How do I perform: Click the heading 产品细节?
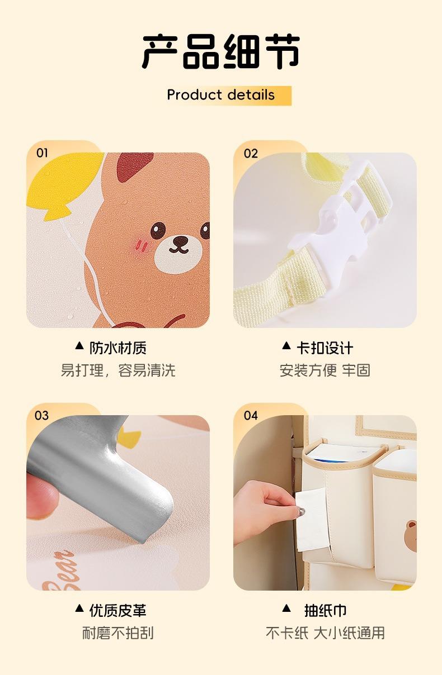tap(221, 51)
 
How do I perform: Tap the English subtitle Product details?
tap(221, 95)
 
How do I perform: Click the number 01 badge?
tap(42, 153)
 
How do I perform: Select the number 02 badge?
tap(251, 154)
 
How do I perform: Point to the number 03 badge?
tap(41, 416)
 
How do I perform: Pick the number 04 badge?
tap(251, 416)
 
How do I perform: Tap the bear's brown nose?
tap(180, 240)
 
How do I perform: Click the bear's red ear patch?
tap(134, 167)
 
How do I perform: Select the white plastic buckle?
tap(341, 217)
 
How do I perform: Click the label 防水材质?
tap(117, 348)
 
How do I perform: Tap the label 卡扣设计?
tap(325, 348)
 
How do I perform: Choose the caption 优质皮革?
tap(117, 611)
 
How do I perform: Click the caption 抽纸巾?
tap(325, 611)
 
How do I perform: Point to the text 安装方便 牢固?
tap(325, 370)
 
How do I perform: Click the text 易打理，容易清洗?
tap(118, 370)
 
